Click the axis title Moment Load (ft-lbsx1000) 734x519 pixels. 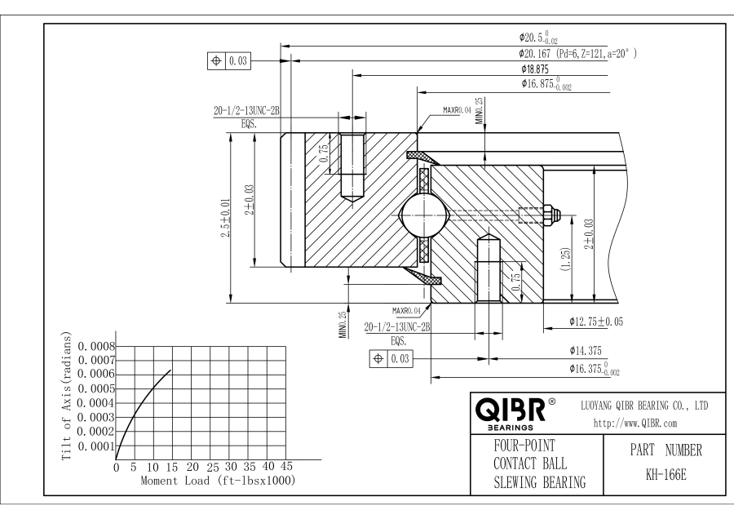217,481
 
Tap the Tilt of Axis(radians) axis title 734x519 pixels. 69,395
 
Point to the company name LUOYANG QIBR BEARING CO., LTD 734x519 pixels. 643,406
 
